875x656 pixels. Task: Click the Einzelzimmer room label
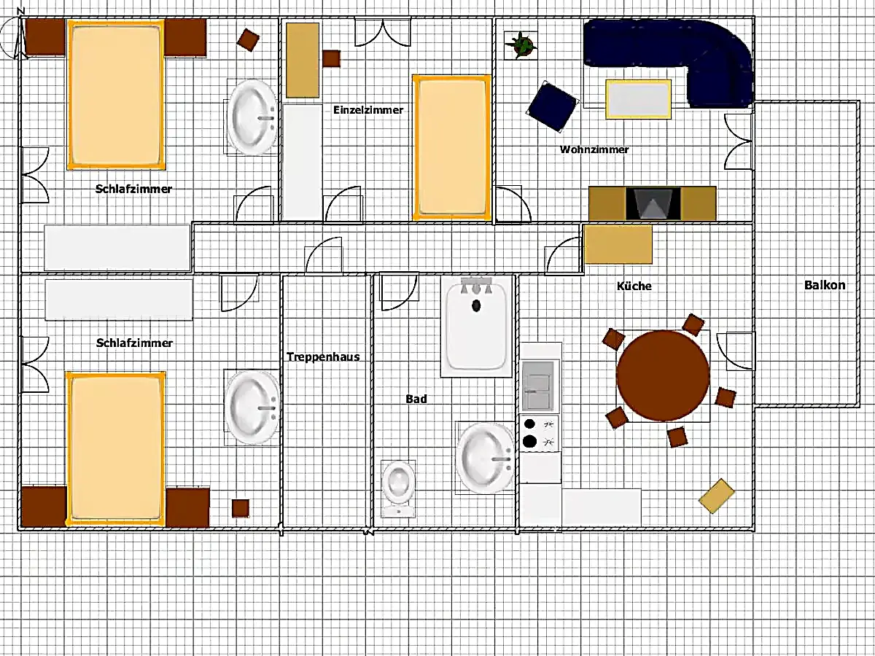coord(368,110)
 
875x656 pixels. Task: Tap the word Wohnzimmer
coord(594,149)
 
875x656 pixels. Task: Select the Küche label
coord(634,286)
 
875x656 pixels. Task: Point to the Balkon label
coord(825,285)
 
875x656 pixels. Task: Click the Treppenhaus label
coord(323,356)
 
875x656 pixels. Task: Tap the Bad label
coord(416,399)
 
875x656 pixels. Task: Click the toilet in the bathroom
coord(398,488)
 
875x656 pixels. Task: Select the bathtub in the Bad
coord(476,327)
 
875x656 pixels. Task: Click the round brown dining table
coord(663,375)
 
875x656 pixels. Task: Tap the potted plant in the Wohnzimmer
coord(521,45)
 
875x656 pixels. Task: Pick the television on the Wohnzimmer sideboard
coord(653,203)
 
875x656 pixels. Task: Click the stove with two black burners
coord(540,433)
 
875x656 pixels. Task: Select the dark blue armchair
coord(553,106)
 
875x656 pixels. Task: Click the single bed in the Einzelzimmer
coord(451,147)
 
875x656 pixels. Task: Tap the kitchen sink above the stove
coord(538,386)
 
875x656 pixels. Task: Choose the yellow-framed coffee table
coord(638,99)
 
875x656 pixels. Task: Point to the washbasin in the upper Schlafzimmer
coord(252,117)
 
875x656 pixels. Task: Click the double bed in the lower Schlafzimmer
coord(116,449)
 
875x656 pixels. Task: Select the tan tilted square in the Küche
coord(717,496)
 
